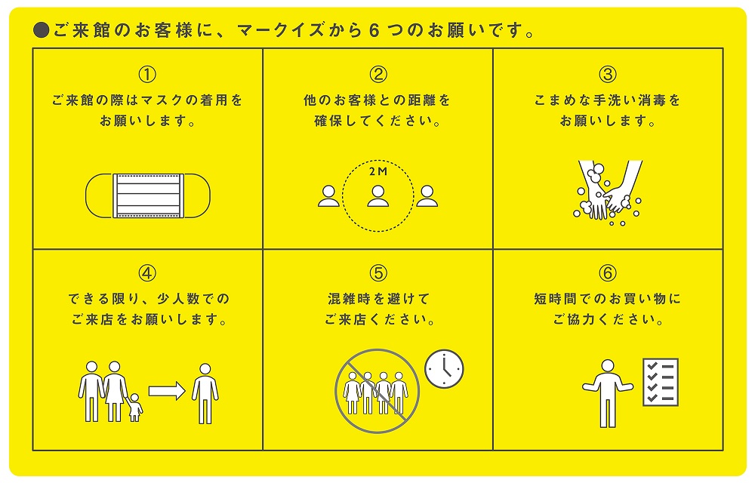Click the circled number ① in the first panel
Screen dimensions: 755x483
pos(147,75)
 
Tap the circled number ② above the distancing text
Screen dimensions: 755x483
pos(378,75)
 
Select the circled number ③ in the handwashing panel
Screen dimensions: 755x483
pos(608,75)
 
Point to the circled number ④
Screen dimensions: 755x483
pos(147,273)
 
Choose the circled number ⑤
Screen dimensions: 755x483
pos(378,273)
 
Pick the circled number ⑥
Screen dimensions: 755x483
pos(608,273)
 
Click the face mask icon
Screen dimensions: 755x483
pos(148,195)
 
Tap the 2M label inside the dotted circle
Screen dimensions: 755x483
pos(378,172)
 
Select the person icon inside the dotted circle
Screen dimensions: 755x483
pos(378,196)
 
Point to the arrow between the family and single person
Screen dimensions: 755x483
pos(167,391)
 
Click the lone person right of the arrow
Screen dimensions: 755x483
pos(205,393)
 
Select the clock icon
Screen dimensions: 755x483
pos(444,369)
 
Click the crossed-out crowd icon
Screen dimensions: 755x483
pos(377,391)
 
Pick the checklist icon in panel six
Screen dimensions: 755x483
pos(661,382)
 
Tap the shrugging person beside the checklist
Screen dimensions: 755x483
pos(608,393)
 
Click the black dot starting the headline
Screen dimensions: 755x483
pos(42,30)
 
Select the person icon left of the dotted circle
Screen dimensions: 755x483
pos(329,196)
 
